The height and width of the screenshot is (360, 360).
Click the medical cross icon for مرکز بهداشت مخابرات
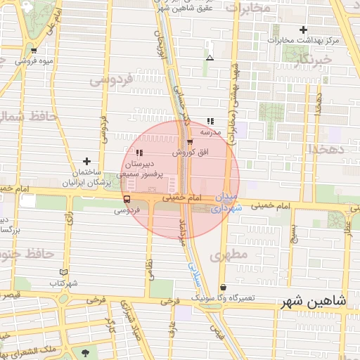click(x=303, y=30)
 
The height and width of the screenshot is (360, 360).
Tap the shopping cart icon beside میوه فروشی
click(x=34, y=51)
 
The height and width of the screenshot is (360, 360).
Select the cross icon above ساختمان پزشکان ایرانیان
click(x=86, y=162)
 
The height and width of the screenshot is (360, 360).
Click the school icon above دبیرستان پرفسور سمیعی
click(x=139, y=153)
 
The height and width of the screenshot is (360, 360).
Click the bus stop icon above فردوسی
click(x=127, y=199)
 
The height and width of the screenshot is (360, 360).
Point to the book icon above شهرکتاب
click(x=64, y=272)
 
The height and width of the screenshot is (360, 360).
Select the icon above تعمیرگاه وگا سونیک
click(x=224, y=287)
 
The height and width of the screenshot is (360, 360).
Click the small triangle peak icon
click(x=210, y=58)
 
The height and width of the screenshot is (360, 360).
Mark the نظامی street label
click(x=148, y=266)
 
